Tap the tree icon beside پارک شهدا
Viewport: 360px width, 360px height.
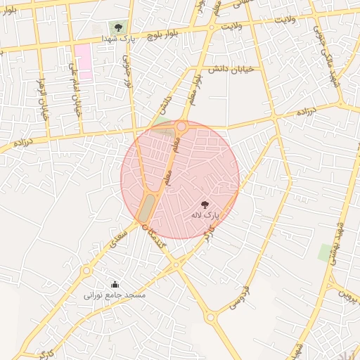point(117,28)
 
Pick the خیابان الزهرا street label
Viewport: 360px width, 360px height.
point(44,98)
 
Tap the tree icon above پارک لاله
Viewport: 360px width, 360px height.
point(205,205)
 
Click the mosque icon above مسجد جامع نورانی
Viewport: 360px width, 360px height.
point(115,284)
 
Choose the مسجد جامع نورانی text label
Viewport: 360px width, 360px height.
point(115,295)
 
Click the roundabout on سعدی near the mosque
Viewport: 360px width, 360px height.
point(86,271)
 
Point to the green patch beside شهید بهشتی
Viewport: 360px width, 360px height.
point(325,252)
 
